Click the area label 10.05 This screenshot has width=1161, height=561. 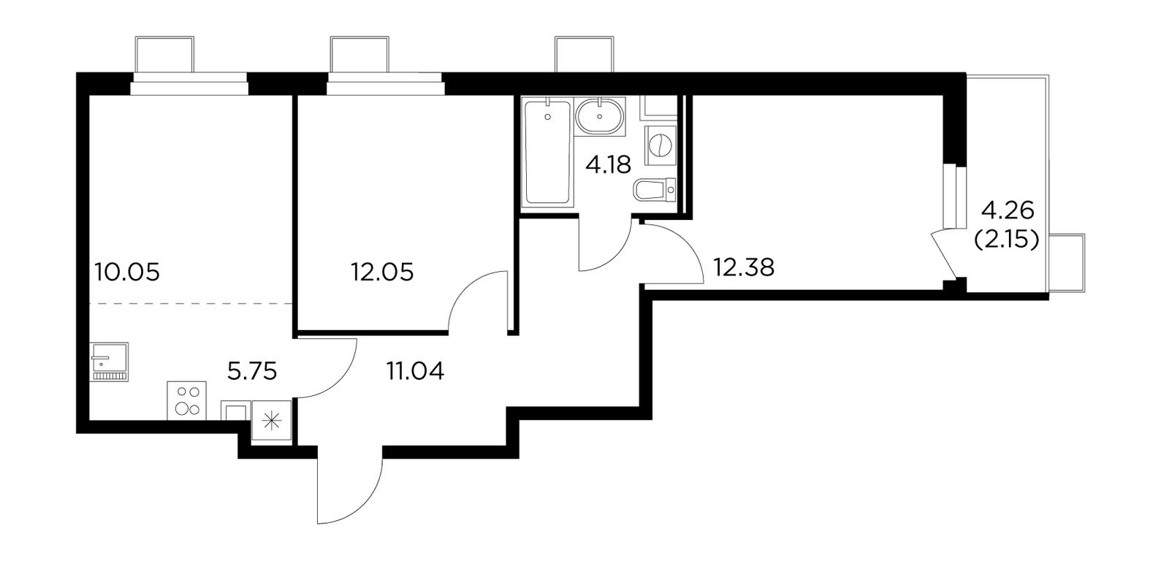[127, 272]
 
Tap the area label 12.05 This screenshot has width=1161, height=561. [382, 272]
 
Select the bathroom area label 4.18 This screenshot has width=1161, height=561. [608, 165]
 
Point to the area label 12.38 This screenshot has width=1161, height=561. [744, 268]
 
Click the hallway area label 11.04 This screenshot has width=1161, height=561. [415, 371]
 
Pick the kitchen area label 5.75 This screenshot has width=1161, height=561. [252, 371]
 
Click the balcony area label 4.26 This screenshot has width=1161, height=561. [1008, 212]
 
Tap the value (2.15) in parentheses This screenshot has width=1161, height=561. [1007, 240]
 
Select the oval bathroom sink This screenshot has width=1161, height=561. [600, 117]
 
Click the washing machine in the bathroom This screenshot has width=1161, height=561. [661, 145]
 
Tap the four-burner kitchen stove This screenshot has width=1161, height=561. [186, 400]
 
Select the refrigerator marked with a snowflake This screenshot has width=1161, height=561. [271, 421]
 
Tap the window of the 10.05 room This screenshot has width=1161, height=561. [189, 84]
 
